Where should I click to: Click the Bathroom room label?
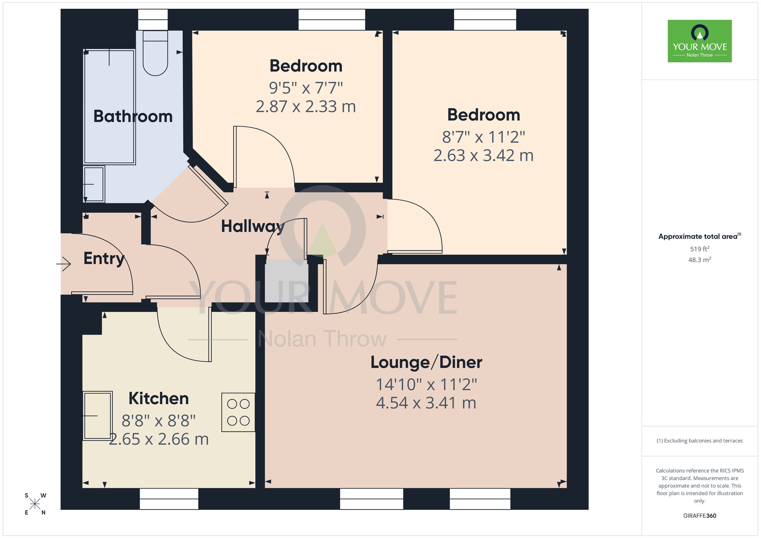[133, 116]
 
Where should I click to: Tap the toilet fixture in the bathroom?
[155, 53]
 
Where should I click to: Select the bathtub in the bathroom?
[109, 107]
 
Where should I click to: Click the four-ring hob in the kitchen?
[238, 412]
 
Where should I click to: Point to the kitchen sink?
[97, 416]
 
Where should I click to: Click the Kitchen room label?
[159, 398]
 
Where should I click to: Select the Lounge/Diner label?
[426, 362]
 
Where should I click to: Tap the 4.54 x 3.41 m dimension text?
[426, 403]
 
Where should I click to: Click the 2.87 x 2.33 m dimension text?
[306, 107]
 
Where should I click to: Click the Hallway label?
[253, 226]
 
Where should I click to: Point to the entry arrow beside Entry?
[64, 264]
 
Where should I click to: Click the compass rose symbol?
[35, 504]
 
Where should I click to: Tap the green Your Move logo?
[699, 41]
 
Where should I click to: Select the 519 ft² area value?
[699, 249]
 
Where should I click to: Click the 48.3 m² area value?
[699, 260]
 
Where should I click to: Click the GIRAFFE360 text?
[699, 516]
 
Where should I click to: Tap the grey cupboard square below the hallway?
[286, 281]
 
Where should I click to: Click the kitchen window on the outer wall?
[169, 498]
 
